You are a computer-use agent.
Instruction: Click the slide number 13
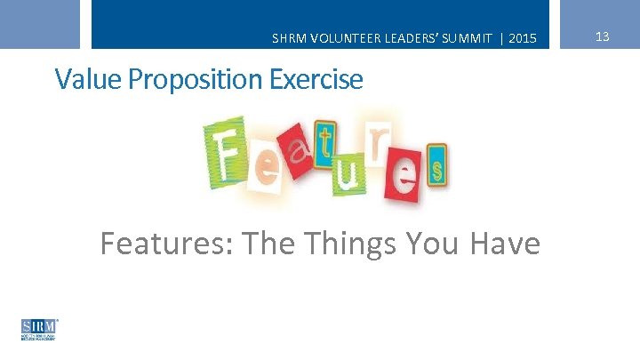pos(602,36)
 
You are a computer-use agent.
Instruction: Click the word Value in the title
pos(88,79)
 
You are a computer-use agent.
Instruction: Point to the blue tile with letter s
pos(436,168)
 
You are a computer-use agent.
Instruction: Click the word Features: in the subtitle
pos(165,242)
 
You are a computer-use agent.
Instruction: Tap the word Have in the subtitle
pos(504,242)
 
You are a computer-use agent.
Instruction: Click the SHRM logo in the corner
pos(39,329)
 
